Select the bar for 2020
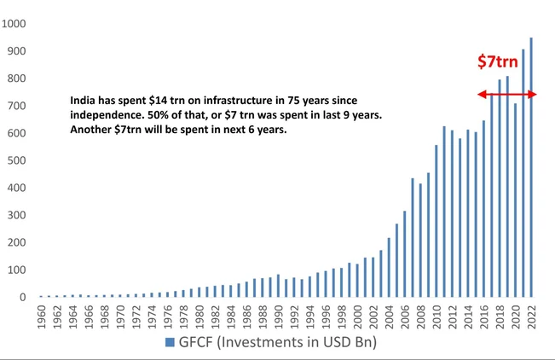tap(516, 200)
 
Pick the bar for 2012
tap(452, 213)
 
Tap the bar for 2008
tap(420, 241)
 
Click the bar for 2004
tap(389, 267)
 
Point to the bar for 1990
tap(278, 286)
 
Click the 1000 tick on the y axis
tap(14, 24)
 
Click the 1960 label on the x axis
tap(40, 317)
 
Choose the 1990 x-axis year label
tap(278, 317)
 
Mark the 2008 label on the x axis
tap(420, 317)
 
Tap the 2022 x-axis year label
tap(532, 317)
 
